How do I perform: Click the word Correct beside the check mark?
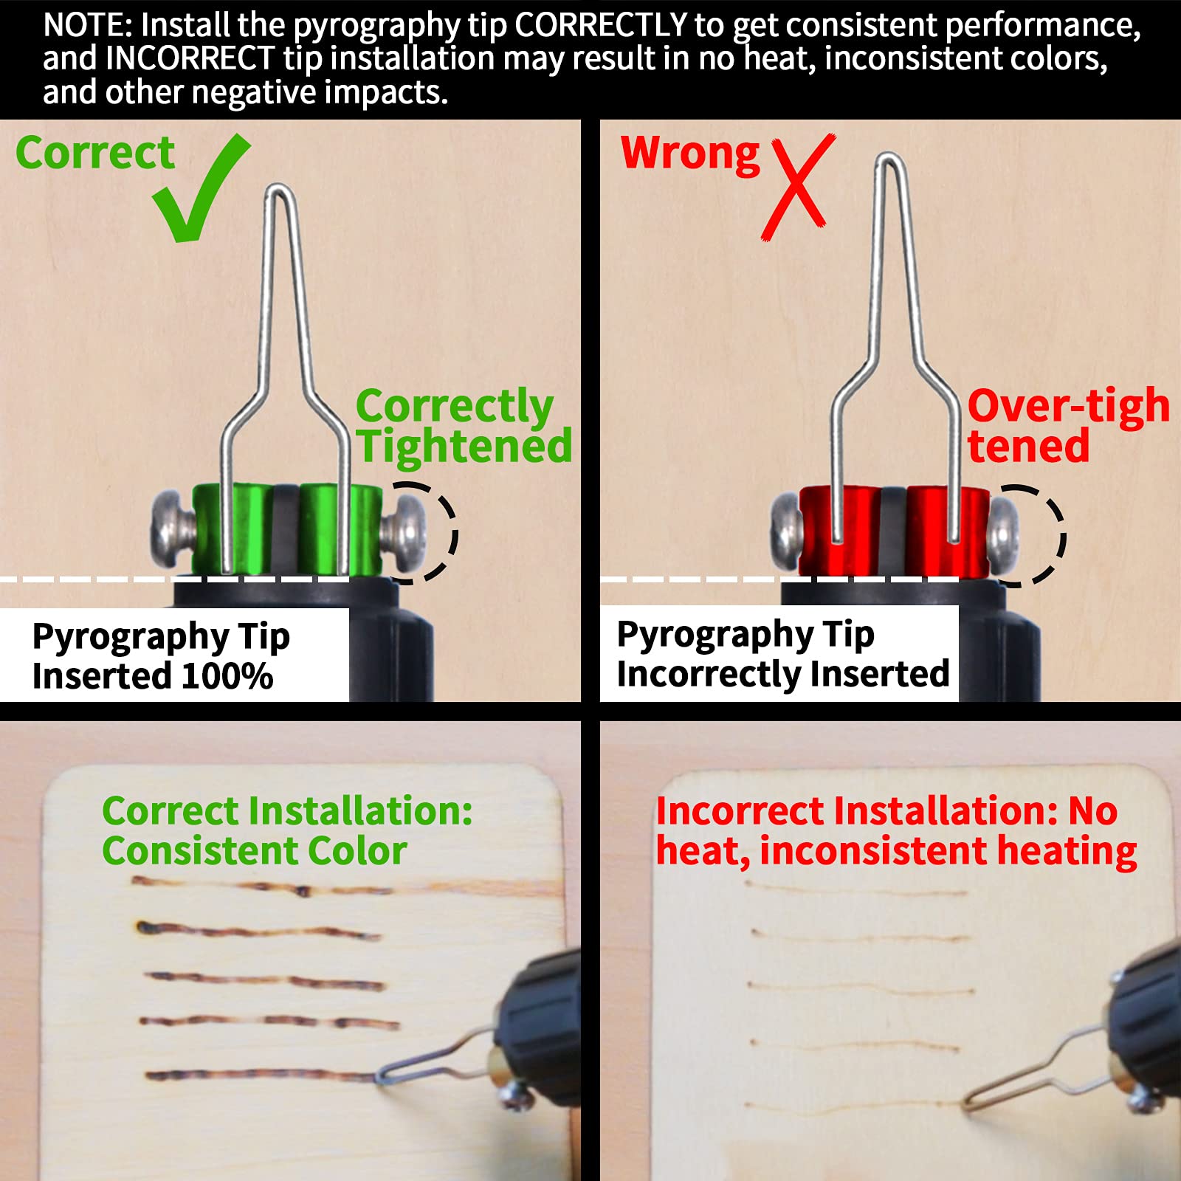point(95,153)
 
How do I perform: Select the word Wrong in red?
point(690,154)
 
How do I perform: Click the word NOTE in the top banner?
point(86,25)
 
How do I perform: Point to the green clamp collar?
point(288,528)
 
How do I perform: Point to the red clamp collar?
point(894,530)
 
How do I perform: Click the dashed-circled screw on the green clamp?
point(403,531)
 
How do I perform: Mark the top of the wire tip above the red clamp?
point(890,157)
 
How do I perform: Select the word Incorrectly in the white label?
point(709,674)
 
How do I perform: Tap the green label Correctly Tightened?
point(464,426)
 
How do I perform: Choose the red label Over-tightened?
point(1069,426)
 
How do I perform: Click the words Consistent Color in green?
point(255,850)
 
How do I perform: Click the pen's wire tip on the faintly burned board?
point(968,1103)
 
